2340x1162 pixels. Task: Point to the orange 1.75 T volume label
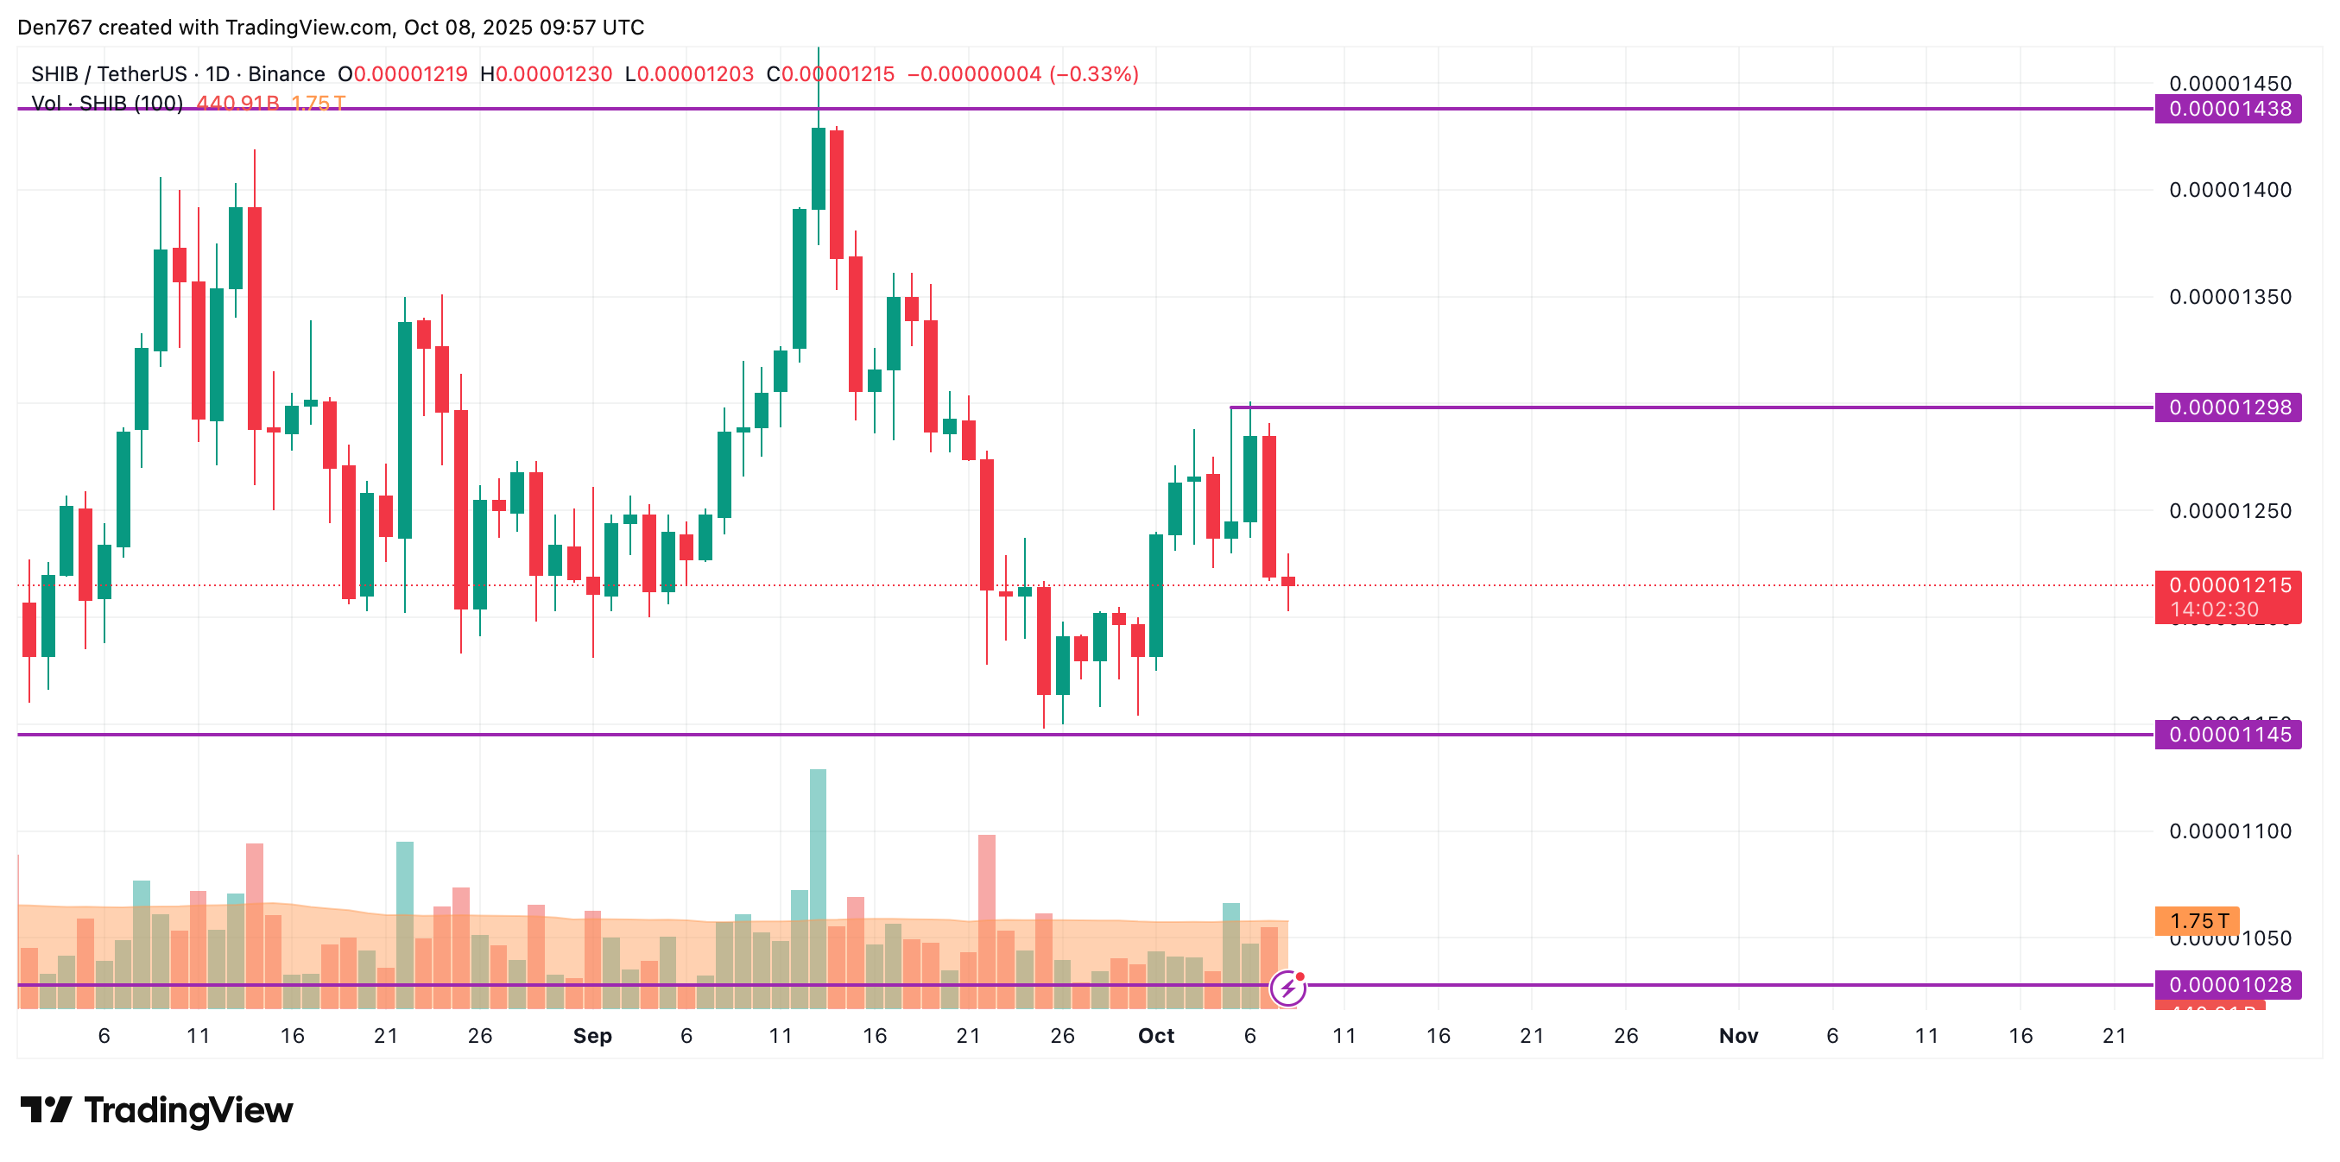(x=2197, y=920)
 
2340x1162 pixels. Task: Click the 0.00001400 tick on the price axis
(x=2229, y=190)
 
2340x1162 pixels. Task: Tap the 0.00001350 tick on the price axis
(x=2229, y=297)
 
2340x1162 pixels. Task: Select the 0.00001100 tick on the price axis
(x=2229, y=830)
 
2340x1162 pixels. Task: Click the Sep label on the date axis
(x=592, y=1036)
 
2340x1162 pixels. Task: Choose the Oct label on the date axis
(x=1155, y=1036)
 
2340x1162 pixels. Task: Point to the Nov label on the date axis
(x=1738, y=1036)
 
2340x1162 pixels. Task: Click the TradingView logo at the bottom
(x=157, y=1110)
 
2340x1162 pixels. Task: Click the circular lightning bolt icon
(x=1287, y=988)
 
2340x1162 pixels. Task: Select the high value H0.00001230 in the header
(x=546, y=74)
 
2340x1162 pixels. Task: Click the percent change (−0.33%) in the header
(x=1094, y=74)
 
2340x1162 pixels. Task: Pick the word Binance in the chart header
(x=286, y=74)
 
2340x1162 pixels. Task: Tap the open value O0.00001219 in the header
(x=402, y=74)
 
